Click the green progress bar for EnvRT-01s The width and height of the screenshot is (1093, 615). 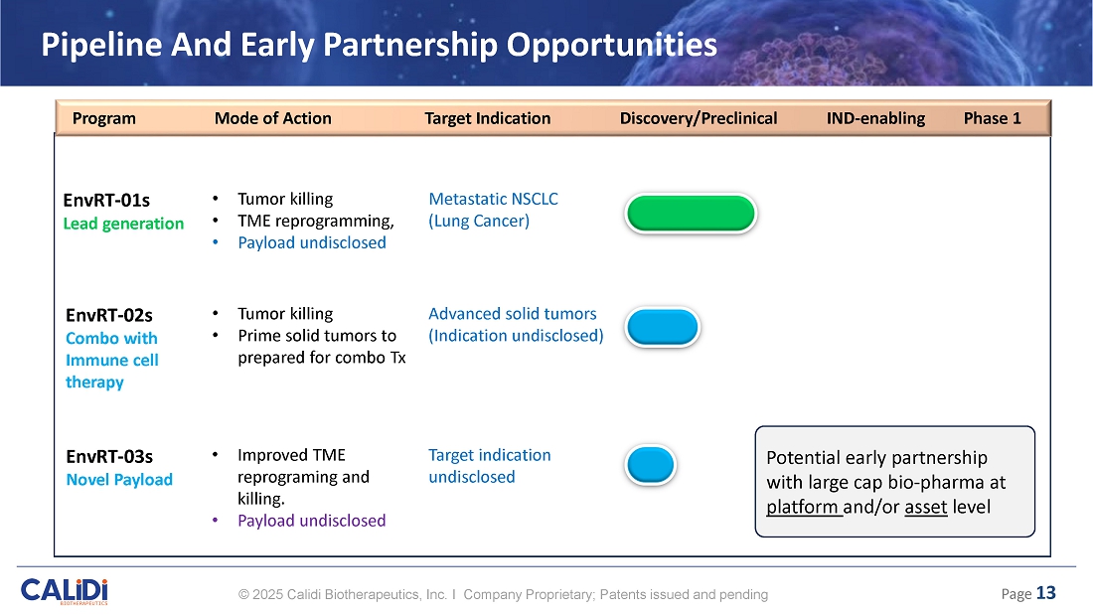click(691, 214)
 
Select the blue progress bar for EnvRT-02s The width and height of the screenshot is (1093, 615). click(662, 327)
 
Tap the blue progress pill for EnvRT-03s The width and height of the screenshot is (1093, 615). click(651, 465)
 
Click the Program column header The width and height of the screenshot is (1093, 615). click(104, 118)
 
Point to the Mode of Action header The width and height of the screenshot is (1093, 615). click(272, 118)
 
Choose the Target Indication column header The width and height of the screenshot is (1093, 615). click(487, 118)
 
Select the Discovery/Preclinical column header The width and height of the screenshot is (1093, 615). click(699, 118)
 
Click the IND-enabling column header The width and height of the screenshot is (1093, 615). click(875, 118)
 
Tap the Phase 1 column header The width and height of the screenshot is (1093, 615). click(992, 118)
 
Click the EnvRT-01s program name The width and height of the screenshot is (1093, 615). click(106, 201)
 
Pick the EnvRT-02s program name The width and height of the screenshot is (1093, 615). click(108, 315)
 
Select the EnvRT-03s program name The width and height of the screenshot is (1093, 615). click(109, 457)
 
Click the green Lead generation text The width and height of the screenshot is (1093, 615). click(123, 224)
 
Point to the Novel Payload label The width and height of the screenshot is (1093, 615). click(119, 480)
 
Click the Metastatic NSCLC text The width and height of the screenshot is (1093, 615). click(493, 200)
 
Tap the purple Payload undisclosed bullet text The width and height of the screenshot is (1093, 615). click(312, 521)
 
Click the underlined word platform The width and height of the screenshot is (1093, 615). click(802, 507)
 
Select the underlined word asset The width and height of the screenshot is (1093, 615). click(926, 507)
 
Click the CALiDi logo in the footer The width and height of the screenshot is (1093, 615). click(65, 591)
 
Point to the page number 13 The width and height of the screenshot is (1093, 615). click(1045, 593)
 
